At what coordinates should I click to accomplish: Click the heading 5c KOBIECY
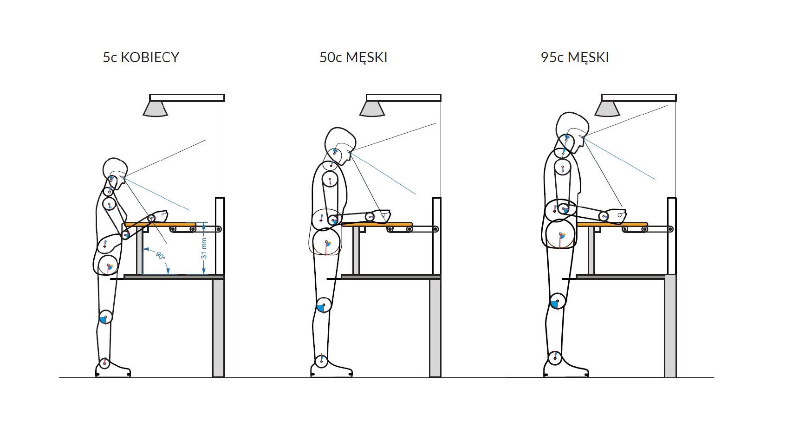pos(141,57)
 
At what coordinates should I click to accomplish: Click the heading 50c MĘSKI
pos(353,57)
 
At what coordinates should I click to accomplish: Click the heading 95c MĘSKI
pos(575,57)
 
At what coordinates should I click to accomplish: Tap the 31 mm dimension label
pos(204,248)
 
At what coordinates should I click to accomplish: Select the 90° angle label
pos(160,255)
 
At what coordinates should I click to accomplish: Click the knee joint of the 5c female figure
pos(105,317)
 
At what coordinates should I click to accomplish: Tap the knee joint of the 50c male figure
pos(324,305)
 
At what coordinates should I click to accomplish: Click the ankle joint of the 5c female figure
pos(104,363)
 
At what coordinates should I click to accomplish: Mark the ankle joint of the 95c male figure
pos(555,358)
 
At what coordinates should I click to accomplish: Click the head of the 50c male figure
pos(340,144)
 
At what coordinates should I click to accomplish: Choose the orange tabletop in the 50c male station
pos(377,224)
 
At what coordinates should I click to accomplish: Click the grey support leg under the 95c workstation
pos(670,326)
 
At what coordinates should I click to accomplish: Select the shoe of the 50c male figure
pos(331,369)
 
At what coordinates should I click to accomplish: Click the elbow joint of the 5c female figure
pos(126,234)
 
